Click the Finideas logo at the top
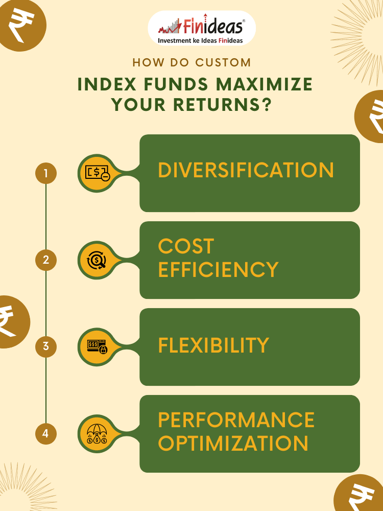tap(202, 28)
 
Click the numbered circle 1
tap(46, 173)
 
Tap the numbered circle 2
tap(46, 260)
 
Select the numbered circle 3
tap(46, 346)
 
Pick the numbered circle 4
tap(46, 433)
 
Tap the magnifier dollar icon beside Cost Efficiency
tap(97, 260)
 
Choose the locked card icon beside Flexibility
tap(97, 347)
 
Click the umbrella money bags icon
tap(97, 434)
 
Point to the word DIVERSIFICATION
tap(246, 170)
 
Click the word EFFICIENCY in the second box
tap(218, 269)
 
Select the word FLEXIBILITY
tap(213, 345)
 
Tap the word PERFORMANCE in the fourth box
tap(236, 420)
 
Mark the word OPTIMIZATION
tap(233, 443)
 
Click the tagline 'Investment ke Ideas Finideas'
tap(200, 41)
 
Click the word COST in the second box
tap(186, 246)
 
